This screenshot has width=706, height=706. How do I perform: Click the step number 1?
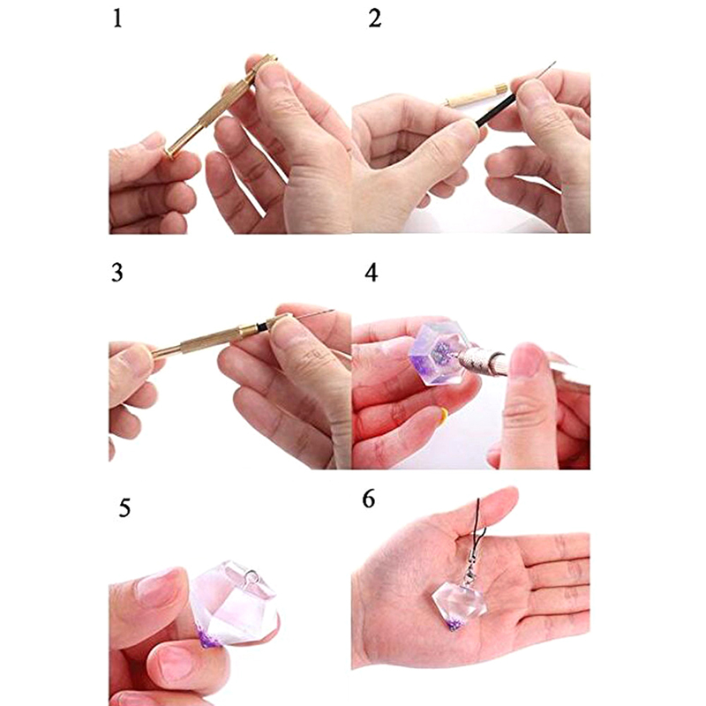click(x=117, y=19)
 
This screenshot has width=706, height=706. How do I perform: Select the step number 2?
click(x=374, y=19)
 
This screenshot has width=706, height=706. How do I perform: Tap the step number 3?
click(x=117, y=273)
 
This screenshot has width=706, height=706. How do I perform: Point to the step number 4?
click(x=372, y=273)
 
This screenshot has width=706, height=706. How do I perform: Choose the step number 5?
click(x=124, y=509)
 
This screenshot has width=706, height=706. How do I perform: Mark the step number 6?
click(x=368, y=499)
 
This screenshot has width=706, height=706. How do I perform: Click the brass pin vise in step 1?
click(x=221, y=106)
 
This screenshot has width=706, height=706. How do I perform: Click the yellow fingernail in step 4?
click(x=444, y=415)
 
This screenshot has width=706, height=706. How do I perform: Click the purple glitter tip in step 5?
click(x=209, y=637)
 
